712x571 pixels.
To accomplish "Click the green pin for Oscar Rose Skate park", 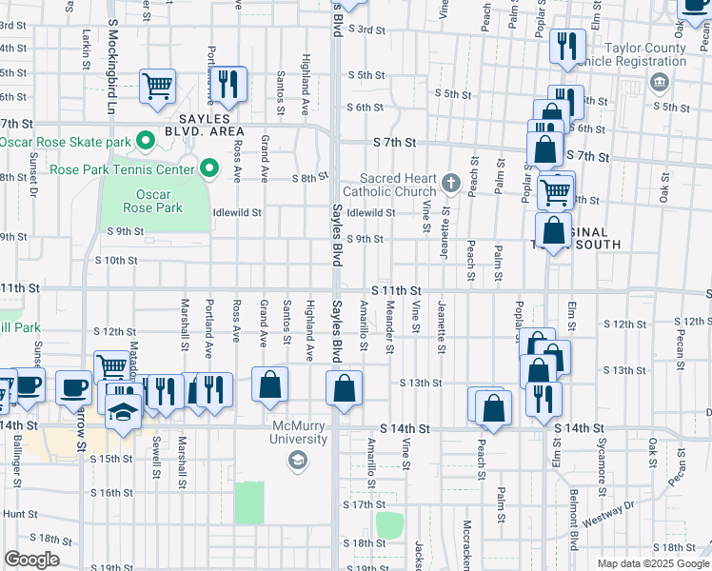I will [146, 143].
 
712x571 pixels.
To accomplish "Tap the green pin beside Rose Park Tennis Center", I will [210, 170].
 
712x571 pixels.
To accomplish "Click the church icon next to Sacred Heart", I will [450, 181].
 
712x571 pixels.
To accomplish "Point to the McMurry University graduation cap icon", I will [297, 461].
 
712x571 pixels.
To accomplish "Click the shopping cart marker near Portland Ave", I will [157, 87].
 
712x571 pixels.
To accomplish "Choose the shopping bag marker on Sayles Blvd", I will [344, 388].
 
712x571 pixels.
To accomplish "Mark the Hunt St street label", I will [18, 513].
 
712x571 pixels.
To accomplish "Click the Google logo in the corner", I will [31, 560].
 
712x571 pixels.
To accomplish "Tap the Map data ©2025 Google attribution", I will [653, 563].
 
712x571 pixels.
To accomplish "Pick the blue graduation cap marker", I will [124, 412].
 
